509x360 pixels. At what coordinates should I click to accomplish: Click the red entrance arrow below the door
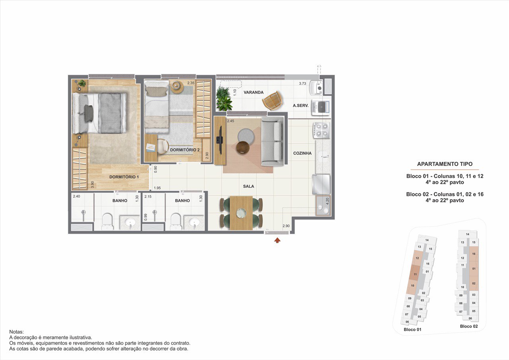[x=277, y=240]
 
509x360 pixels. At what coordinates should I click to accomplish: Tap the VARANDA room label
[x=254, y=92]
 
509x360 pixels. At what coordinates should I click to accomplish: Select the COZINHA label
[x=302, y=153]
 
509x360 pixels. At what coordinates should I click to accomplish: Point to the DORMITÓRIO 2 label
[x=185, y=150]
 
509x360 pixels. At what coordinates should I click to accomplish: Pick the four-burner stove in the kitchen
[x=322, y=130]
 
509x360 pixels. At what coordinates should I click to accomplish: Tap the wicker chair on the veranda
[x=272, y=101]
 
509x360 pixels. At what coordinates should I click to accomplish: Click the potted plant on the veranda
[x=224, y=99]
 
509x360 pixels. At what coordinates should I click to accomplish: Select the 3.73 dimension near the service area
[x=303, y=84]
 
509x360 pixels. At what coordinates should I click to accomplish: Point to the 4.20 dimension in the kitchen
[x=327, y=201]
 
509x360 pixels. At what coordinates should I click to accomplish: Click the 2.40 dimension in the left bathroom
[x=76, y=197]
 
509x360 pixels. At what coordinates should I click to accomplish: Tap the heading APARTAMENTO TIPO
[x=445, y=164]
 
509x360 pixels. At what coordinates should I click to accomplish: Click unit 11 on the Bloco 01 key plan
[x=415, y=274]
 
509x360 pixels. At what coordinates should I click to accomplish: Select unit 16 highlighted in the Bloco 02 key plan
[x=474, y=254]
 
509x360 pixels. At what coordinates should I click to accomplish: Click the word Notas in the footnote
[x=16, y=332]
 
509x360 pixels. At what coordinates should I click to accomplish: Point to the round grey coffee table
[x=246, y=136]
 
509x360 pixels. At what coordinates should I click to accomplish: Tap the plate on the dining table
[x=241, y=213]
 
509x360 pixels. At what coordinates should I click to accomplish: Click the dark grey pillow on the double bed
[x=89, y=113]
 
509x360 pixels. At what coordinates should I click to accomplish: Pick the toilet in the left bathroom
[x=107, y=222]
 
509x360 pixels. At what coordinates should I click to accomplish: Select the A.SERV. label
[x=300, y=105]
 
